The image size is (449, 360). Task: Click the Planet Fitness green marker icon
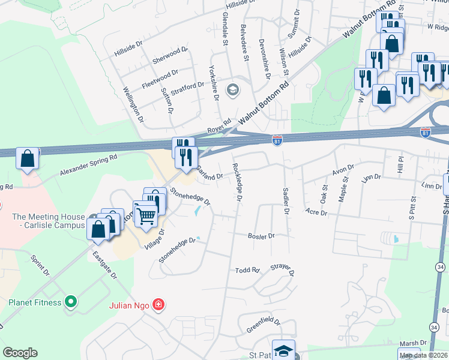pyautogui.click(x=71, y=302)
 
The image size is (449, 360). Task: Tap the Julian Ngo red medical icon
pyautogui.click(x=158, y=305)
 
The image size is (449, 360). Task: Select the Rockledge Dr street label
pyautogui.click(x=238, y=182)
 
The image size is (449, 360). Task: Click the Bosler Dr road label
pyautogui.click(x=261, y=236)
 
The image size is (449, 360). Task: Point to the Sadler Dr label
pyautogui.click(x=286, y=200)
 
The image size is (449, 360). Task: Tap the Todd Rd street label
pyautogui.click(x=247, y=271)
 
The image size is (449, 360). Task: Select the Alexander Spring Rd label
pyautogui.click(x=88, y=164)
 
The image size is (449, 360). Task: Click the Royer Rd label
pyautogui.click(x=219, y=127)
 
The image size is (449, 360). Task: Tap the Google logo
pyautogui.click(x=20, y=353)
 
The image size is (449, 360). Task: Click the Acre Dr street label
pyautogui.click(x=316, y=212)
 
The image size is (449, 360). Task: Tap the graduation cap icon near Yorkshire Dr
pyautogui.click(x=232, y=90)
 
